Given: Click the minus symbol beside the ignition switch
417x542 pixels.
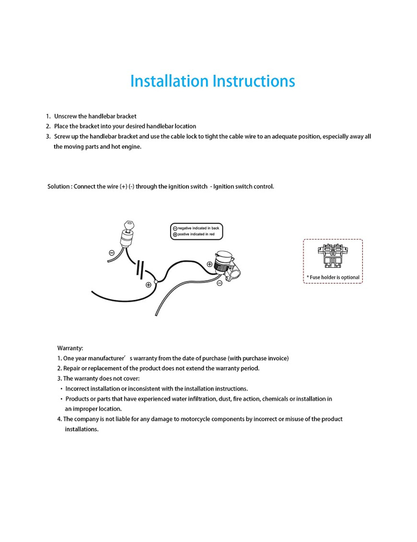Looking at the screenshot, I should (112, 253).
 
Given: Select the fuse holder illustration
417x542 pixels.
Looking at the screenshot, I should (333, 256).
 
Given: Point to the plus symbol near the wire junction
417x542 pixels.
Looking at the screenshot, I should (149, 285).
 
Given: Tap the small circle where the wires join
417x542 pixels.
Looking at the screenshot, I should (156, 282).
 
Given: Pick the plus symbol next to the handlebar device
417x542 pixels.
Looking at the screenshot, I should (209, 264).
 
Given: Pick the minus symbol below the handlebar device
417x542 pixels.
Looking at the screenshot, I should (220, 283).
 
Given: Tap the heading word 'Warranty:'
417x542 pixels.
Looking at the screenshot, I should (70, 348).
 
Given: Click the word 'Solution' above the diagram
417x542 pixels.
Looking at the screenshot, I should (58, 186).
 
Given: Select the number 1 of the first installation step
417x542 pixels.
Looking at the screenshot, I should (48, 116).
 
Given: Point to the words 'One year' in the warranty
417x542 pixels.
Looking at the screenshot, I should (75, 358).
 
